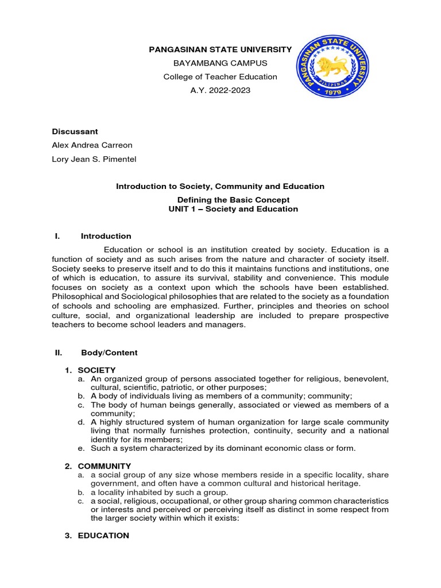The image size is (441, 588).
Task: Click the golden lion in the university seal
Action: pos(334,68)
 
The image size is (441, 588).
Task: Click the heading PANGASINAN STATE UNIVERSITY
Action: pos(220,50)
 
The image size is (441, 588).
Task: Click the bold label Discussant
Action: pos(75,131)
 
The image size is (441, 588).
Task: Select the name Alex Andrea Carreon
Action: pos(91,145)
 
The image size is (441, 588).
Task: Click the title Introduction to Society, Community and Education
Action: pos(220,187)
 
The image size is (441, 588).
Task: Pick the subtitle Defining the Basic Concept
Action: pos(233,200)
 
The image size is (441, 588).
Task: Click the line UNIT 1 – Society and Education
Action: pos(233,209)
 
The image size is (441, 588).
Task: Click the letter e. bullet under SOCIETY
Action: pos(83,448)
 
